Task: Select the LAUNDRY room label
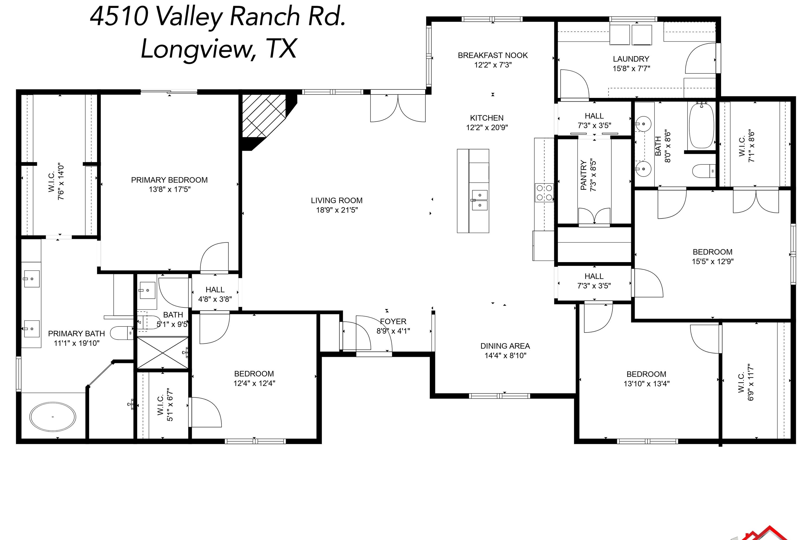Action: [x=631, y=59]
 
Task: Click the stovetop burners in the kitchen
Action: [x=544, y=193]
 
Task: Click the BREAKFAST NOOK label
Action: [x=492, y=55]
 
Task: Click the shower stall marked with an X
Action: [x=162, y=353]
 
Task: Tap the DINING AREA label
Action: [x=505, y=346]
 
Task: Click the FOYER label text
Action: [x=393, y=321]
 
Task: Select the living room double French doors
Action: [x=398, y=108]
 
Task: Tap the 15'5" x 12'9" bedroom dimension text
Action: [x=712, y=261]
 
